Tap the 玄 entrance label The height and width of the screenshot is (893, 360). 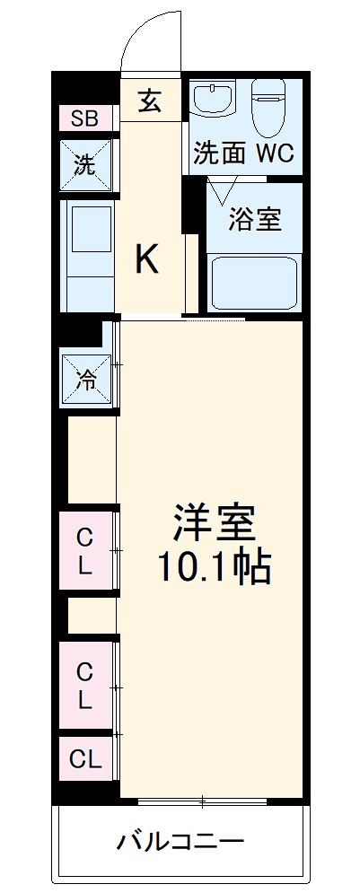tap(150, 101)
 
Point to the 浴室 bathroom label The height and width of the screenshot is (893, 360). tap(254, 219)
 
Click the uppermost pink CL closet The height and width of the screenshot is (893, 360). tap(85, 551)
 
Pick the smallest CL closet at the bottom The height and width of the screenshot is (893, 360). tap(85, 759)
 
